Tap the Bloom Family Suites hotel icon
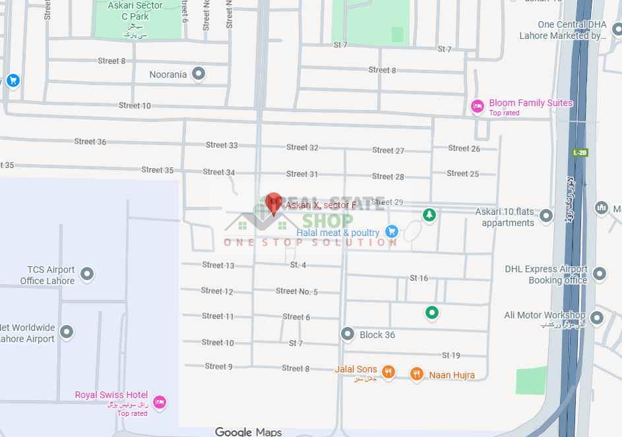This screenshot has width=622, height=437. (478, 106)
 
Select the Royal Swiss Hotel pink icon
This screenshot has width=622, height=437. (158, 401)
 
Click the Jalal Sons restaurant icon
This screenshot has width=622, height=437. (389, 373)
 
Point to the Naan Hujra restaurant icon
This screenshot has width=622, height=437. (416, 375)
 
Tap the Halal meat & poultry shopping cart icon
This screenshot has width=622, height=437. (392, 231)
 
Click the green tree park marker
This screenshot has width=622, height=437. (429, 215)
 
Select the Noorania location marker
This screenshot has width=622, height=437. (199, 74)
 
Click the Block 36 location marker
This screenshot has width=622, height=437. (348, 335)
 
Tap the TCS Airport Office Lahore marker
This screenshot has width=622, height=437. (86, 274)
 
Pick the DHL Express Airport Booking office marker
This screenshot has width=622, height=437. (599, 274)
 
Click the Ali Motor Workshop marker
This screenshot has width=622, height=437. (596, 318)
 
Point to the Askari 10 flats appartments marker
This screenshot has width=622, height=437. (545, 216)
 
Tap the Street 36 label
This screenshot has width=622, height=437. (90, 142)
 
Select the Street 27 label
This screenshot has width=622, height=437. (388, 150)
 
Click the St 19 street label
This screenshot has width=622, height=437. (451, 355)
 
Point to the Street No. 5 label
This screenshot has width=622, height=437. (297, 291)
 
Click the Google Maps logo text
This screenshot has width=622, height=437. (248, 432)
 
